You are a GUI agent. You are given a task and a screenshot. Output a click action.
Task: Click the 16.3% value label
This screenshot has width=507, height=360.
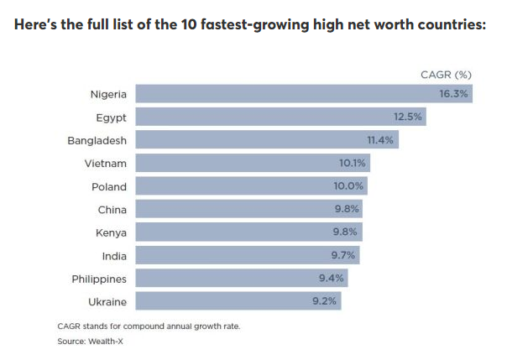click(x=453, y=93)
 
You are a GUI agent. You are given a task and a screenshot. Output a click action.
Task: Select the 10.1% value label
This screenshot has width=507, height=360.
click(x=353, y=163)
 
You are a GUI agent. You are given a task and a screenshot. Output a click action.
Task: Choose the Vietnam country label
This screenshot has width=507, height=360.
click(x=106, y=163)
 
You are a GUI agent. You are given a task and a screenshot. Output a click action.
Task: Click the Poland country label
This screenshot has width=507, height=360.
click(x=109, y=186)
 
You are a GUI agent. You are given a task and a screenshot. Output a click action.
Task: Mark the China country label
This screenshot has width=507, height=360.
click(x=112, y=209)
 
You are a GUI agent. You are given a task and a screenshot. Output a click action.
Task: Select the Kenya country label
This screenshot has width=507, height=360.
click(x=111, y=232)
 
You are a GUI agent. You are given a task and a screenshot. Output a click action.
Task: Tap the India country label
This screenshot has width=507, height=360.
click(x=113, y=255)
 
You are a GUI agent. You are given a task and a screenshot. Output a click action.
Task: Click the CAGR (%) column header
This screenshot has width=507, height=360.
click(x=446, y=75)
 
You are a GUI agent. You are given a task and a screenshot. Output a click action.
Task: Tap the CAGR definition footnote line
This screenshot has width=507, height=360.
click(x=149, y=326)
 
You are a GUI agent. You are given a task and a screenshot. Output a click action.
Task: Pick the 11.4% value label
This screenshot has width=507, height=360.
click(x=379, y=140)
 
